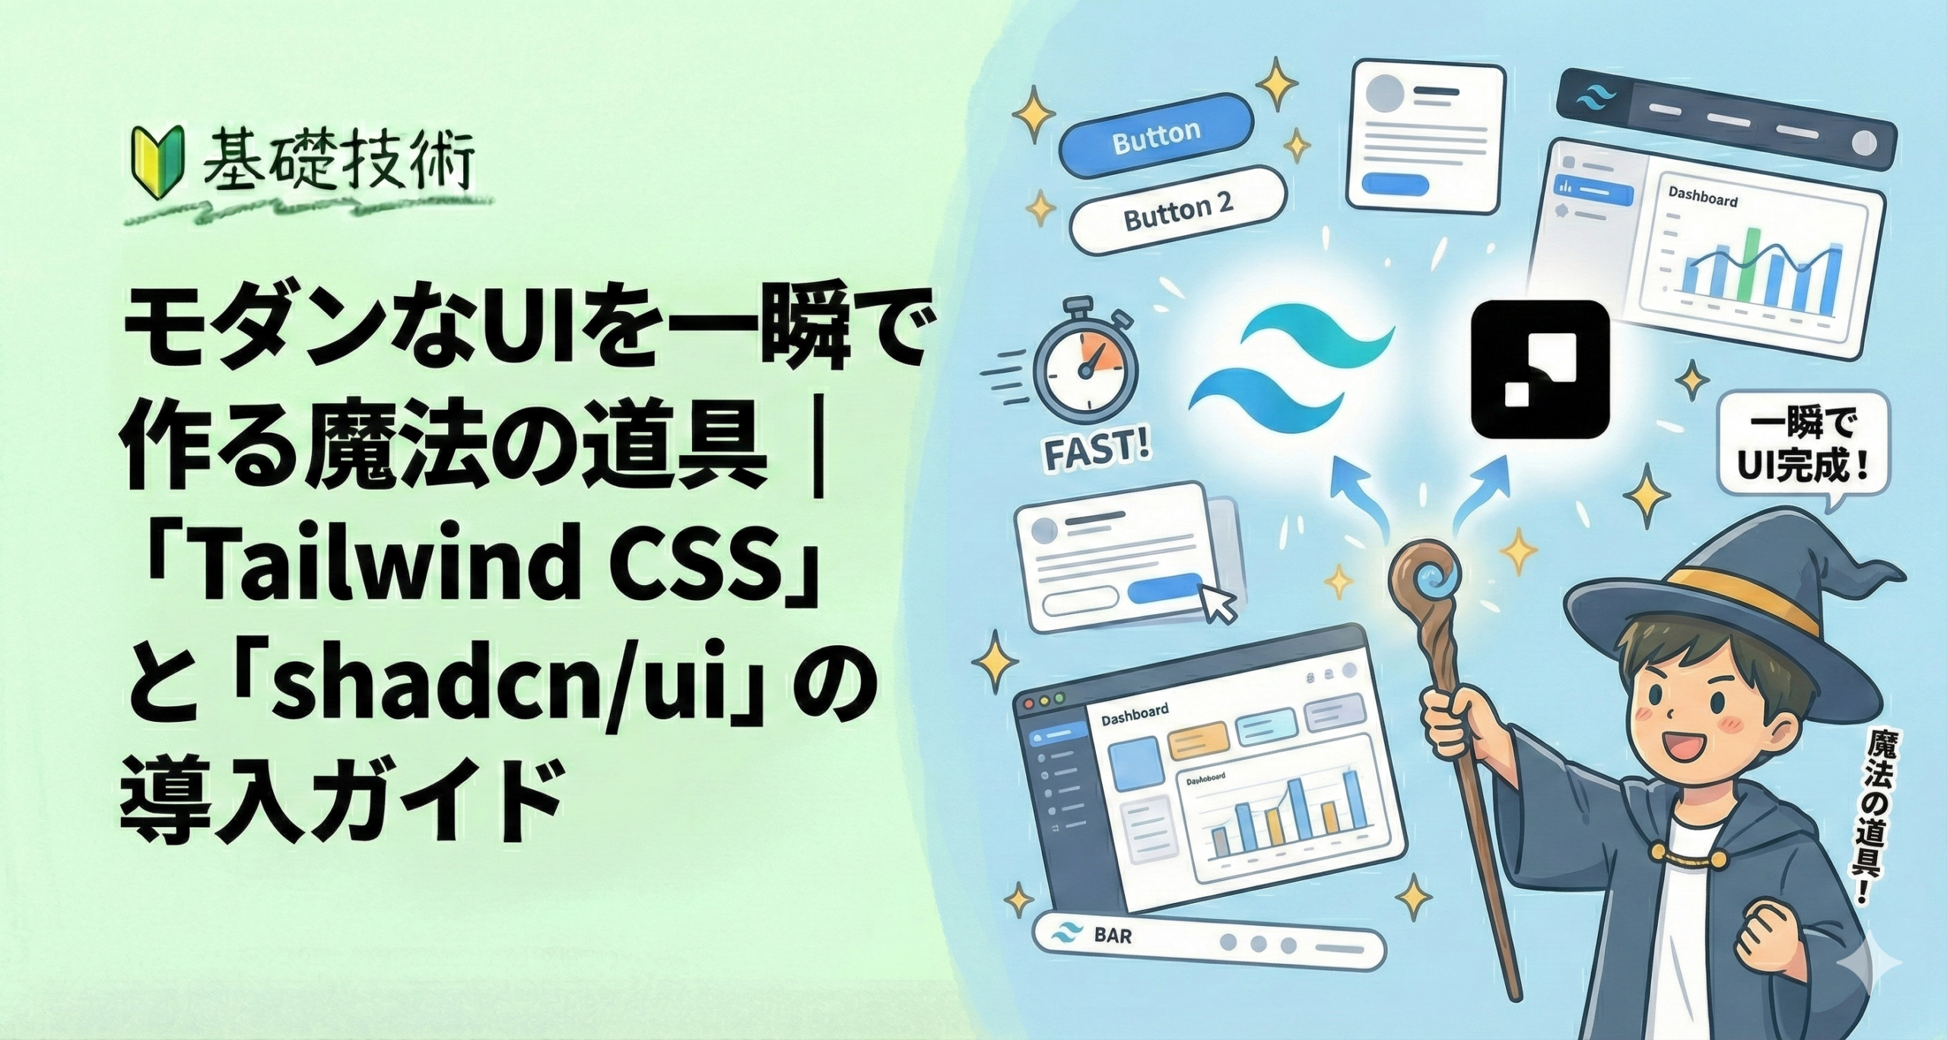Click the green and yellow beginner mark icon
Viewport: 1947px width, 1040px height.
pyautogui.click(x=149, y=163)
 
